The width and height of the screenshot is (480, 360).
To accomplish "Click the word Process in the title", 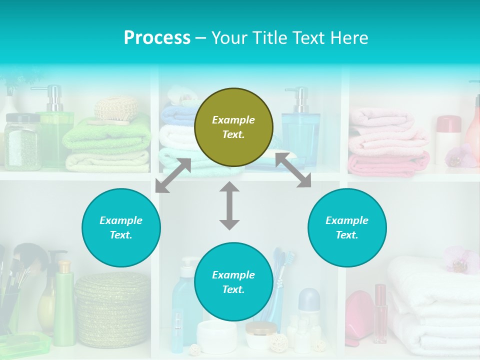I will pyautogui.click(x=157, y=38).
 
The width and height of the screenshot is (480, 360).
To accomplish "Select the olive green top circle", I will pyautogui.click(x=233, y=127).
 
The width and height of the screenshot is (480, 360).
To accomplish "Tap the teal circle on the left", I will pyautogui.click(x=121, y=227).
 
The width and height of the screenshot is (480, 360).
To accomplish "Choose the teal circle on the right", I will pyautogui.click(x=346, y=227).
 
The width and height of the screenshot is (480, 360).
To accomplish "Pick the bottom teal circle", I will pyautogui.click(x=233, y=282).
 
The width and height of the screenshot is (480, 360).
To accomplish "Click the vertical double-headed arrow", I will pyautogui.click(x=229, y=205).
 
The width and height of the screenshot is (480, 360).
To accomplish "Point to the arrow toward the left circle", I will pyautogui.click(x=173, y=175).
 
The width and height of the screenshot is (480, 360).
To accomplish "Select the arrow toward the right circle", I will pyautogui.click(x=293, y=170).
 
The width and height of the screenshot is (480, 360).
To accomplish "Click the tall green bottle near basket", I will pyautogui.click(x=64, y=305).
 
